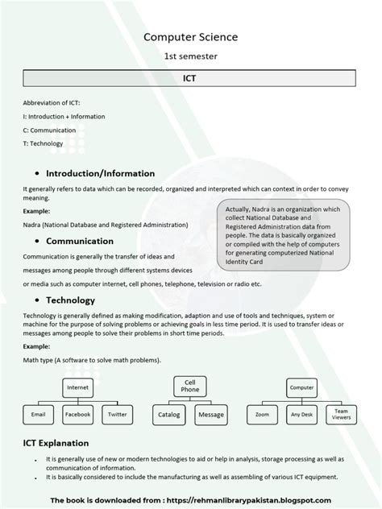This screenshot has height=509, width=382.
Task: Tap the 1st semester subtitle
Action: pyautogui.click(x=190, y=56)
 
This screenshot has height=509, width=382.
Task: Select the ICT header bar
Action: pyautogui.click(x=190, y=80)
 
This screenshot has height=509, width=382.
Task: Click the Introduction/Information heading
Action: pyautogui.click(x=94, y=173)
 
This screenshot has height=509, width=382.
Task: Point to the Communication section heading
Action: pyautogui.click(x=79, y=241)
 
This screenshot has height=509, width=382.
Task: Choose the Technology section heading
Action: pyautogui.click(x=73, y=299)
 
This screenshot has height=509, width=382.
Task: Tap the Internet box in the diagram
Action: pyautogui.click(x=77, y=387)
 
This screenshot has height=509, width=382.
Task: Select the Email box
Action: pyautogui.click(x=38, y=414)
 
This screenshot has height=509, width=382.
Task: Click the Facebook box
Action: pyautogui.click(x=77, y=414)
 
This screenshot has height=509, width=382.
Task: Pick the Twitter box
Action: pyautogui.click(x=117, y=414)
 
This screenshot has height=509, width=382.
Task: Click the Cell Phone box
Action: pyautogui.click(x=190, y=385)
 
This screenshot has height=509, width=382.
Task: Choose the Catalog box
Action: pyautogui.click(x=169, y=414)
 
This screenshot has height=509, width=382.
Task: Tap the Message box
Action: pyautogui.click(x=210, y=414)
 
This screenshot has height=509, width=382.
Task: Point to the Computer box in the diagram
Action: pyautogui.click(x=302, y=387)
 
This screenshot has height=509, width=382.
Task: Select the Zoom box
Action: pyautogui.click(x=262, y=415)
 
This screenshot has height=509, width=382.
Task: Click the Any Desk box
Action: pyautogui.click(x=301, y=415)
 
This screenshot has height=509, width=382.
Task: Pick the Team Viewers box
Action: pyautogui.click(x=341, y=415)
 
